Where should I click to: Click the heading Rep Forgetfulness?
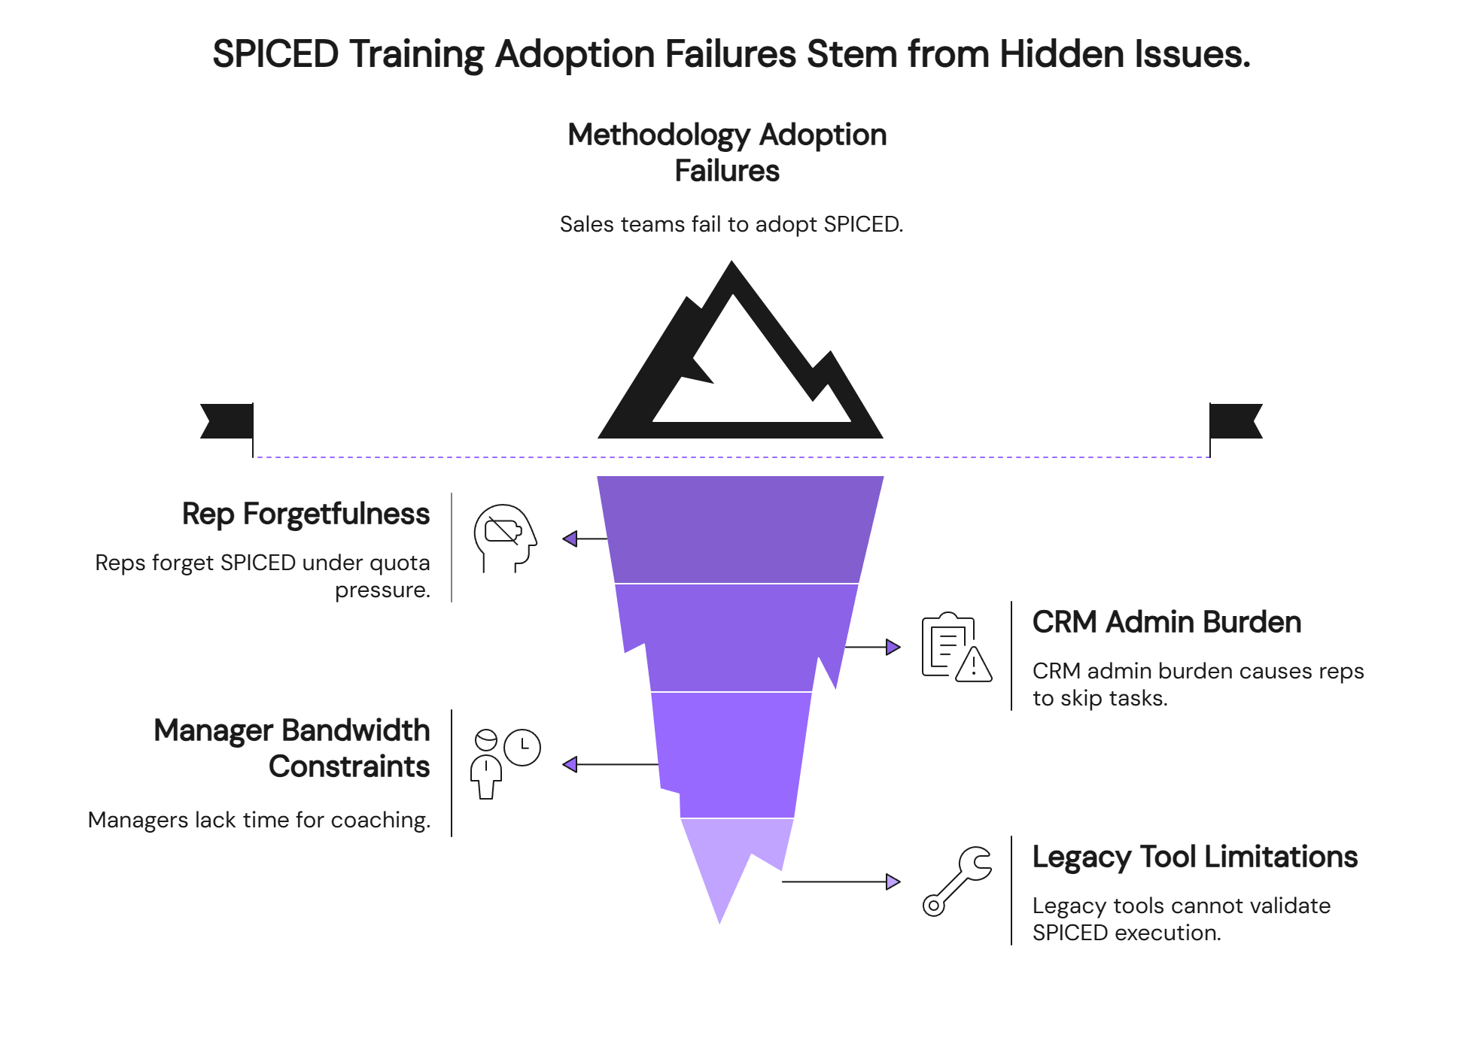(x=306, y=514)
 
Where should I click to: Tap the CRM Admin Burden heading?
(x=1166, y=623)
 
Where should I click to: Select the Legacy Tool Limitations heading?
(x=1194, y=857)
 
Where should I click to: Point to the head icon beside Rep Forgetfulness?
(x=504, y=537)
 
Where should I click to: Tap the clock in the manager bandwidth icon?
(x=522, y=748)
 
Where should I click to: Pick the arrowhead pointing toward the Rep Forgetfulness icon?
(x=570, y=539)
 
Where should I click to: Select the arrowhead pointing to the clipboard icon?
(x=893, y=647)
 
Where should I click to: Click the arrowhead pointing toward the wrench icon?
(x=893, y=882)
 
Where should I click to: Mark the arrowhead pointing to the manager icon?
(x=570, y=764)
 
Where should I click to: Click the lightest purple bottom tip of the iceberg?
(x=726, y=865)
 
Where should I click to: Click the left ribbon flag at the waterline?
(x=227, y=421)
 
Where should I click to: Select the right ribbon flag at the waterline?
(x=1236, y=421)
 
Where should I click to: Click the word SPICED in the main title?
(x=275, y=54)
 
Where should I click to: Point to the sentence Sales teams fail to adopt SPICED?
(x=731, y=224)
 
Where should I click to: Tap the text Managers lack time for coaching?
(x=259, y=820)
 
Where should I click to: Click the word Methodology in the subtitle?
(x=659, y=135)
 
